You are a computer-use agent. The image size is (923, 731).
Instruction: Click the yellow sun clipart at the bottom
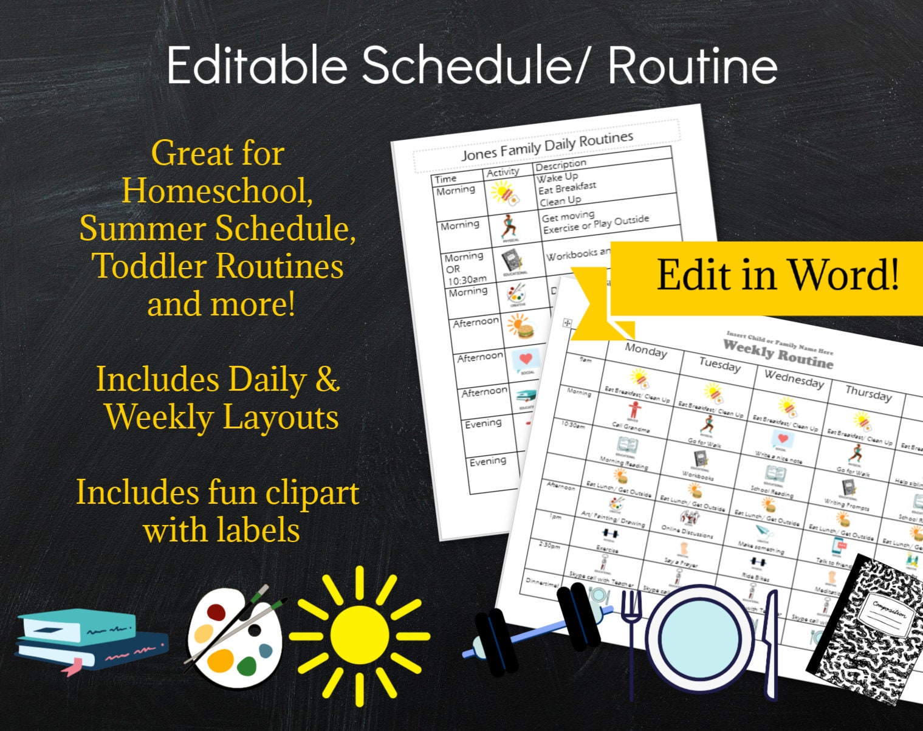(x=359, y=635)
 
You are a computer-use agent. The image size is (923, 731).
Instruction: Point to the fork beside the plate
(x=633, y=638)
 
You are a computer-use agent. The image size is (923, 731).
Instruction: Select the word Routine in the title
(x=692, y=64)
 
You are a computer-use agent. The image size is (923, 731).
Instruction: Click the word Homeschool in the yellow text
(x=217, y=191)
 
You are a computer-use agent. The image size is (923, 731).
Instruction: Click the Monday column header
(x=646, y=351)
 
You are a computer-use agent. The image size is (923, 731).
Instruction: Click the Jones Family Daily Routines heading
(x=546, y=146)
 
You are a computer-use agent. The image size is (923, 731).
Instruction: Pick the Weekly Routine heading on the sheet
(x=778, y=354)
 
